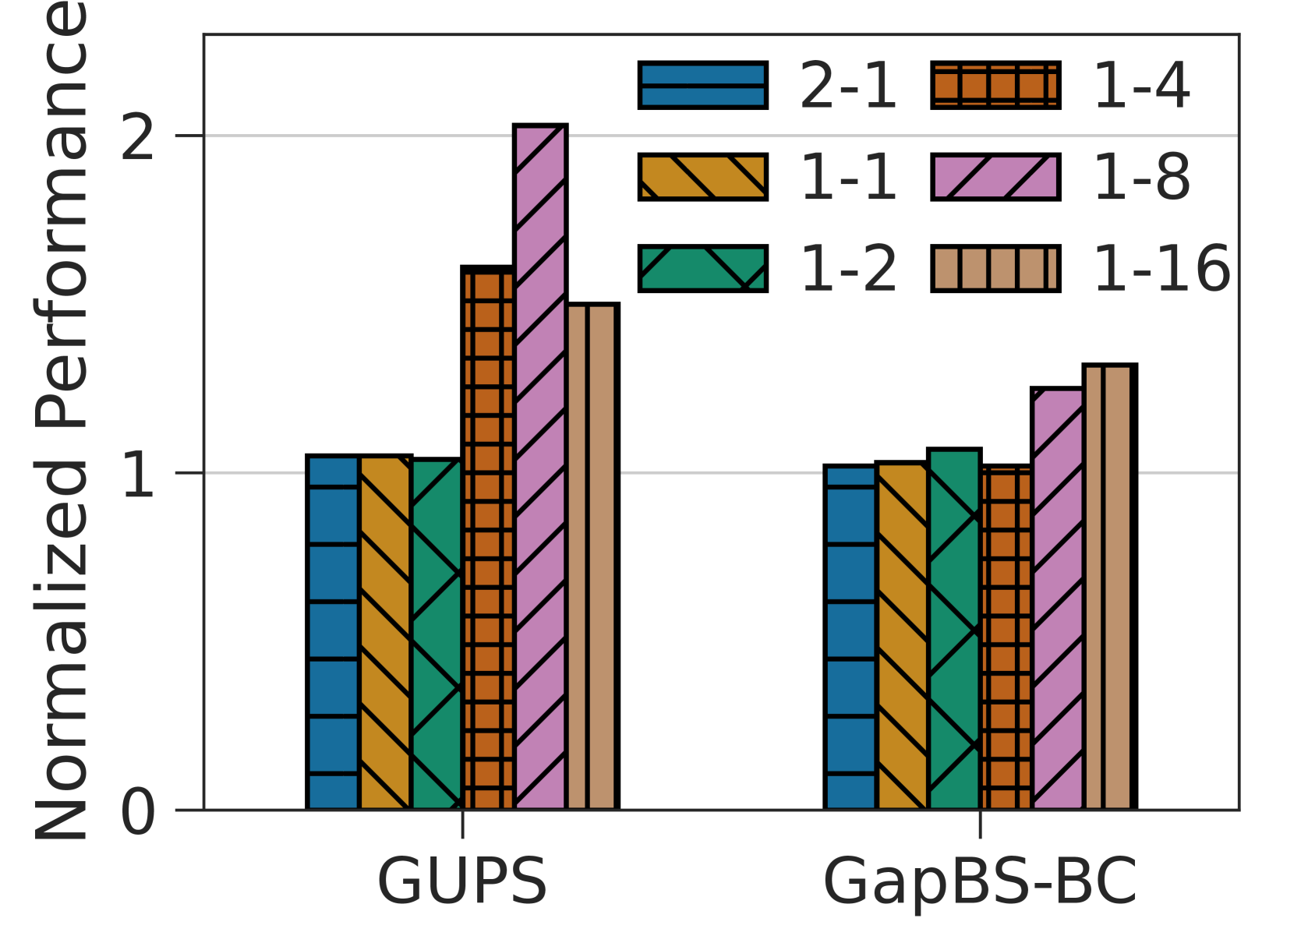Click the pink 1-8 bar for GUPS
tap(540, 468)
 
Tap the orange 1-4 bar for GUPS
tap(488, 538)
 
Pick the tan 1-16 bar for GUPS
tap(592, 556)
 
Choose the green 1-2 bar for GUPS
tap(437, 634)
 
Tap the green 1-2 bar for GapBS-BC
tap(954, 630)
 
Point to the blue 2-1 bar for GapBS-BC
tap(850, 637)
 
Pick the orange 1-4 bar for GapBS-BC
tap(1006, 637)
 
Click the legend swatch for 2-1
tap(702, 85)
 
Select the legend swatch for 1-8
tap(995, 177)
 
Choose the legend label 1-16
tap(1161, 269)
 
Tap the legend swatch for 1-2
tap(702, 269)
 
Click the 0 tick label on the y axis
tap(139, 812)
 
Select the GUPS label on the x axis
tap(462, 881)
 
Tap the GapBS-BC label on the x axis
tap(980, 881)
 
